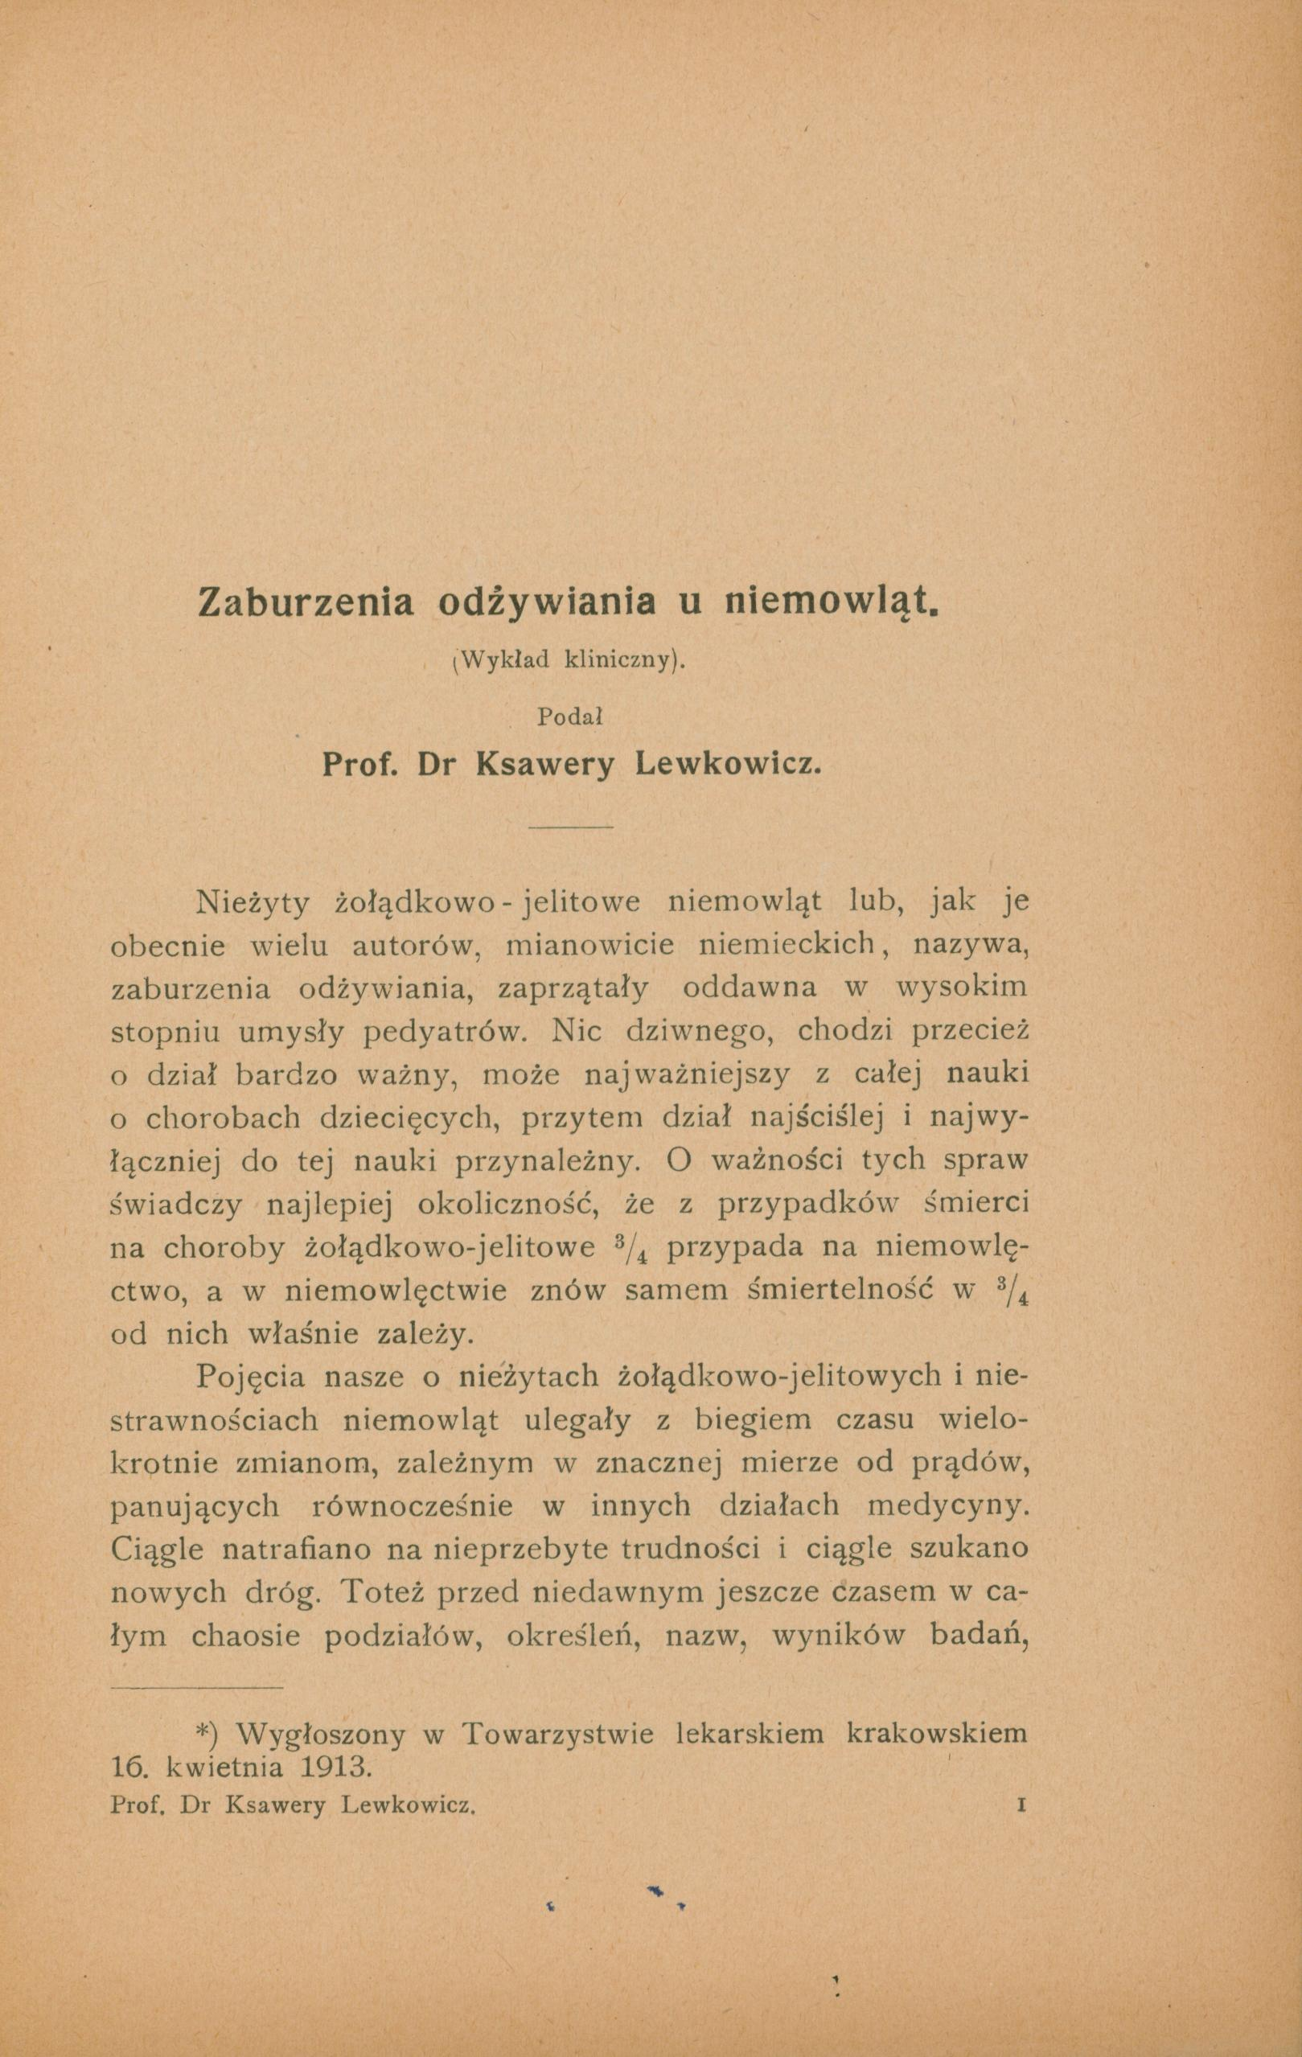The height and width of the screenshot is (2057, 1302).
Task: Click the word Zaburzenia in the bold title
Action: coord(305,602)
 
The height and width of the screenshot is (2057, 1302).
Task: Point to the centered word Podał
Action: coord(570,717)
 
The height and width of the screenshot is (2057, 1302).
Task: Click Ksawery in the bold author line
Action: coord(544,766)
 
